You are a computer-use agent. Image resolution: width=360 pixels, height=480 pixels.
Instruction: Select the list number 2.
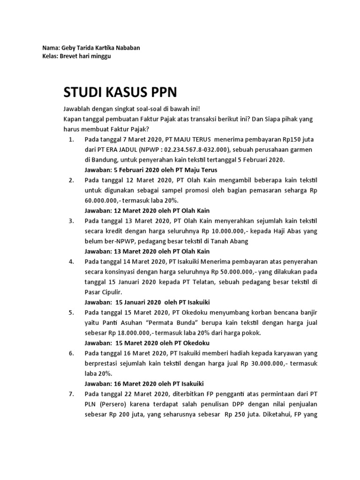click(71, 180)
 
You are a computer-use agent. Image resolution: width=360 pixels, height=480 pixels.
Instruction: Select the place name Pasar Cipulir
click(105, 292)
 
